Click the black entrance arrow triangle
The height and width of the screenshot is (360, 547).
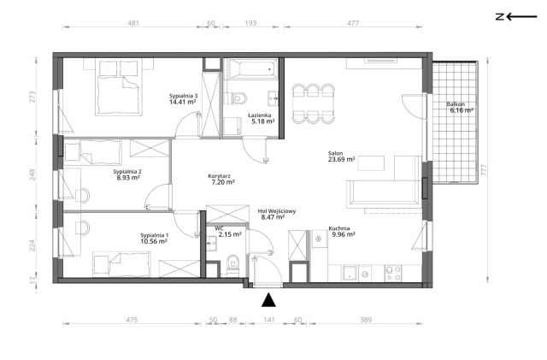coord(268,300)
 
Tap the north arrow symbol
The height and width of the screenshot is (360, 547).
coord(516,16)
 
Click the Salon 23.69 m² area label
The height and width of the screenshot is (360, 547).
coord(342,156)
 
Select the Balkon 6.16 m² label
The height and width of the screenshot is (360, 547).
coord(460,107)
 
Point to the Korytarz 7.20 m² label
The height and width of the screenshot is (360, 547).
coord(221,179)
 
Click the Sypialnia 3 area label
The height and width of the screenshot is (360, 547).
coord(182,99)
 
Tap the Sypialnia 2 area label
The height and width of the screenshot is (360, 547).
coord(127,174)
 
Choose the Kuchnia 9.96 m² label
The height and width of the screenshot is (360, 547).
coord(342,232)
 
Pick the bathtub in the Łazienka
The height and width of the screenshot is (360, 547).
coord(251,69)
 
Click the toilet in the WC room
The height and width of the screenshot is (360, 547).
coord(232,263)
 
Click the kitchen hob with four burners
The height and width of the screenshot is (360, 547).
coord(393,273)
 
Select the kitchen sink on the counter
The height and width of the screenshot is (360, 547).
coord(350,273)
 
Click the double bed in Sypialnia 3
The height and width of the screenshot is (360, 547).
coord(119,87)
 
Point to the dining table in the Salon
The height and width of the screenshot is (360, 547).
coord(313,103)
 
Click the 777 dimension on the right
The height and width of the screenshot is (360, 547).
coord(484,170)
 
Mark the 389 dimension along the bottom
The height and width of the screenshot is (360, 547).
coord(366,320)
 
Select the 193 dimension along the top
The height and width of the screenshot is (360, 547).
coord(250,23)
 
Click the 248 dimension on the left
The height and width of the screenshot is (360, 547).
coord(32,174)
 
